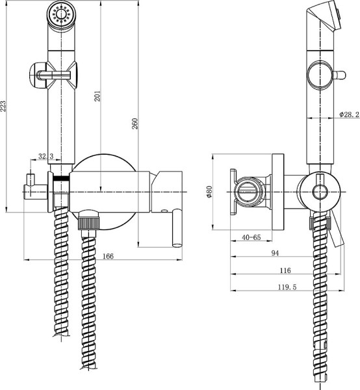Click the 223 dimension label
(5, 106)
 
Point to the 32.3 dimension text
(45, 157)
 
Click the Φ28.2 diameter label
(349, 114)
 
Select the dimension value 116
(285, 270)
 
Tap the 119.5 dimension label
(285, 287)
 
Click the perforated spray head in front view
(61, 15)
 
